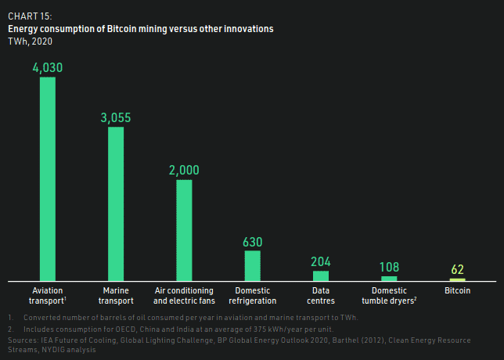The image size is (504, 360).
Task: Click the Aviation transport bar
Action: tap(48, 178)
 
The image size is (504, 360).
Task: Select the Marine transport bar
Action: tap(116, 203)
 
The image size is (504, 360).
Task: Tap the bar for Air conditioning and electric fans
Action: tap(184, 230)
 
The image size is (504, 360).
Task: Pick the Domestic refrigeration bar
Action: tap(253, 265)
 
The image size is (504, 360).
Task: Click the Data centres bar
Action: tap(321, 275)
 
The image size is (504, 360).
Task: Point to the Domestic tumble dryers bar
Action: tap(389, 278)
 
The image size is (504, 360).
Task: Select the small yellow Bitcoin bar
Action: tap(457, 279)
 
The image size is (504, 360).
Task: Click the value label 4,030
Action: tap(48, 68)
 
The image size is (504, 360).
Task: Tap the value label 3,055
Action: tap(116, 117)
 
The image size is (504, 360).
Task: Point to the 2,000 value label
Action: tap(184, 171)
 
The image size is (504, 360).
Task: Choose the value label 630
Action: tap(253, 241)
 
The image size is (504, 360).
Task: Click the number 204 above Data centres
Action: tap(321, 261)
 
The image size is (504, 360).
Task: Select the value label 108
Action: tap(389, 267)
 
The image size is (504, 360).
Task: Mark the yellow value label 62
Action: tap(457, 269)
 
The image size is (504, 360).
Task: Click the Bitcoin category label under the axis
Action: tap(457, 290)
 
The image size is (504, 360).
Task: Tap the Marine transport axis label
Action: tap(116, 295)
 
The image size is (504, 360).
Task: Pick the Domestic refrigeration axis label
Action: tap(253, 295)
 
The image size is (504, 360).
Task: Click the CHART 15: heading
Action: tap(31, 16)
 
